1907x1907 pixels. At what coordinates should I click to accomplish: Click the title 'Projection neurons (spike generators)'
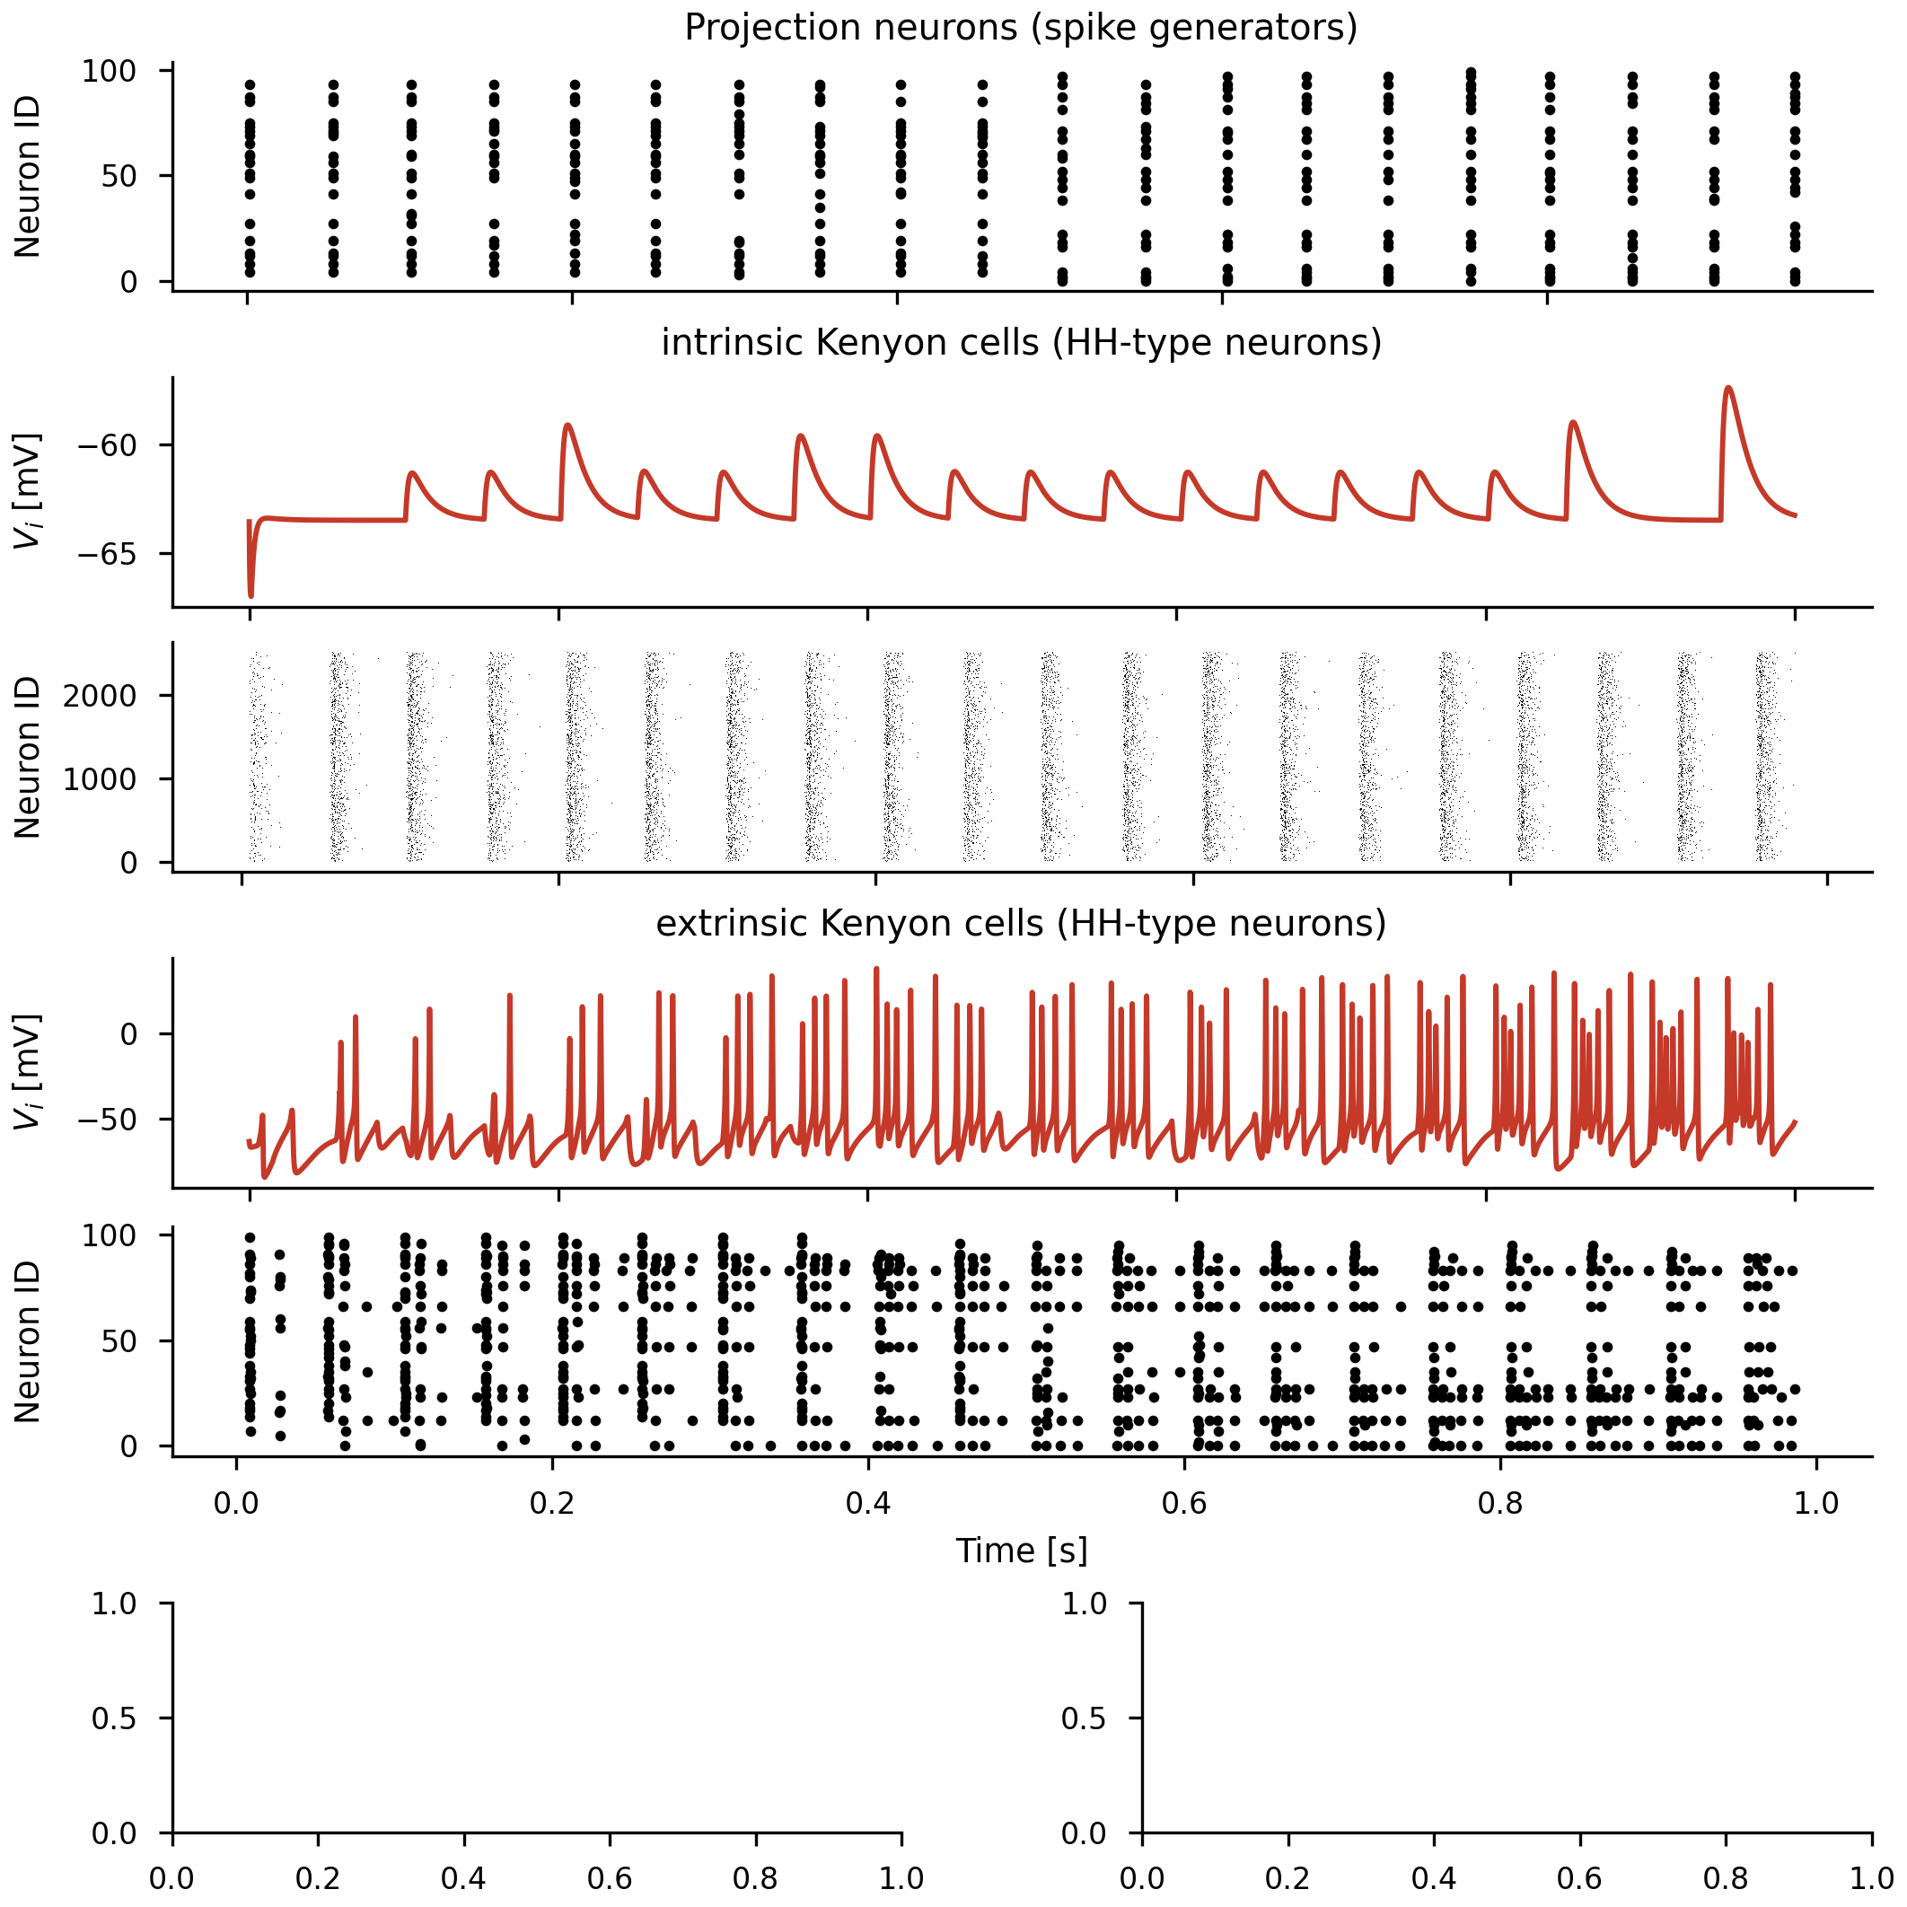tap(1021, 28)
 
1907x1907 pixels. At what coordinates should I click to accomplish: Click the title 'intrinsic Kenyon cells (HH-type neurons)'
tap(1021, 342)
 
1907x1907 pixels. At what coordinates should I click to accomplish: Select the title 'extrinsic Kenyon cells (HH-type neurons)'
tap(1021, 923)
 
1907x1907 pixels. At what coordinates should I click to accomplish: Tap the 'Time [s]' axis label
tap(1021, 1551)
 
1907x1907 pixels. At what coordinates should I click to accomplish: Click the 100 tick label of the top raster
tap(109, 71)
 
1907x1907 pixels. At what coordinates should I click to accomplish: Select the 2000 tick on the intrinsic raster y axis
tap(100, 696)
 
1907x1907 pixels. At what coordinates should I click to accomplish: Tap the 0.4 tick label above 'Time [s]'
tap(867, 1503)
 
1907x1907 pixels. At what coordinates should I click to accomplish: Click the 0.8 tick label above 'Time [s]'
tap(1500, 1503)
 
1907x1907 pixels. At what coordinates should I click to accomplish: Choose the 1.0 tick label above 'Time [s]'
tap(1816, 1503)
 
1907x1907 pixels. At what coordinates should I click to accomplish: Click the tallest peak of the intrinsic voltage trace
tap(1728, 388)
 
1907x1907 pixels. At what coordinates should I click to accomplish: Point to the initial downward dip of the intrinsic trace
tap(250, 595)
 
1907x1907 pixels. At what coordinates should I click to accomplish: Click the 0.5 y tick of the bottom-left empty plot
tap(115, 1718)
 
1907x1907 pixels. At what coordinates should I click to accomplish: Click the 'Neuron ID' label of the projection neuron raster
tap(28, 177)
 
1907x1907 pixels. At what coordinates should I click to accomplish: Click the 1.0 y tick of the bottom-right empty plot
tap(1084, 1604)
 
